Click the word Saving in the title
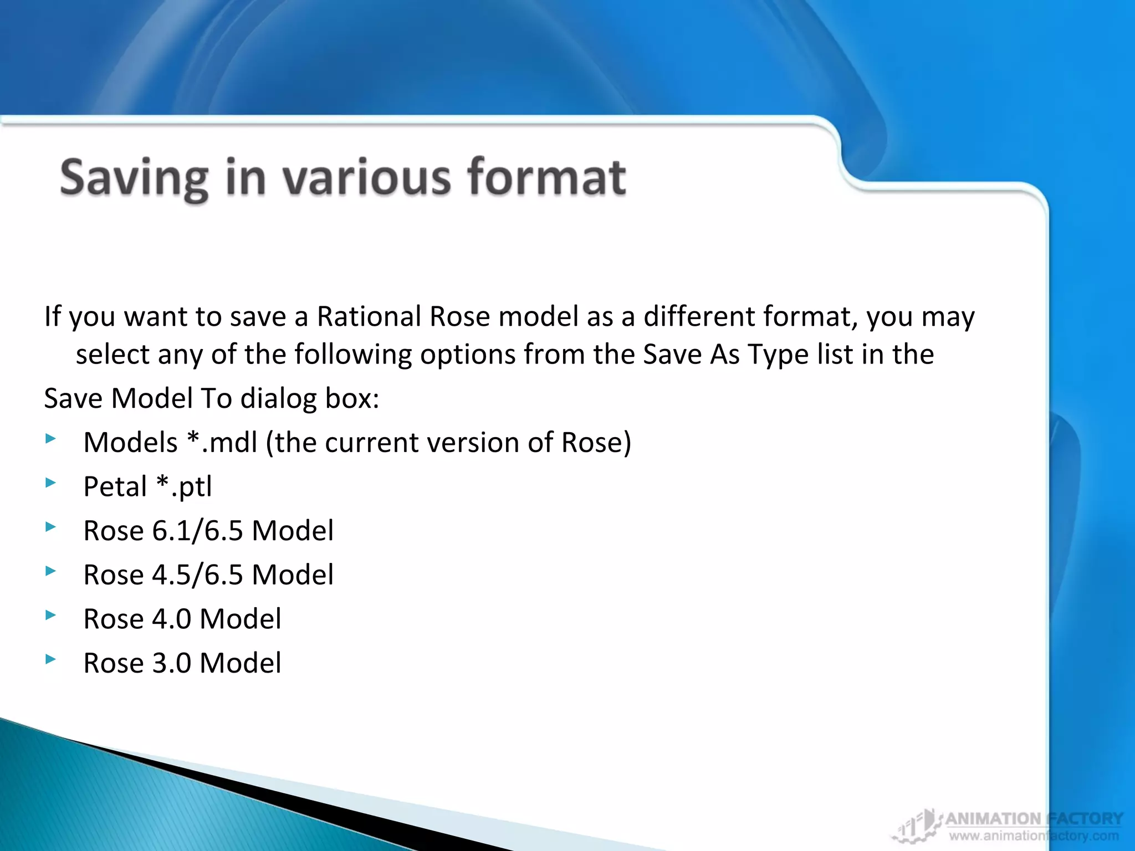[134, 178]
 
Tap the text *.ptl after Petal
[184, 487]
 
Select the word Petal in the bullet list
[115, 487]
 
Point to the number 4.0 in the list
[172, 619]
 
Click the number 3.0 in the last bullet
[172, 663]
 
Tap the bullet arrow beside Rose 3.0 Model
[51, 659]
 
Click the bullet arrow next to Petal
[51, 483]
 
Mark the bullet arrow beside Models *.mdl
[51, 439]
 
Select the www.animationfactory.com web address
[1034, 836]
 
